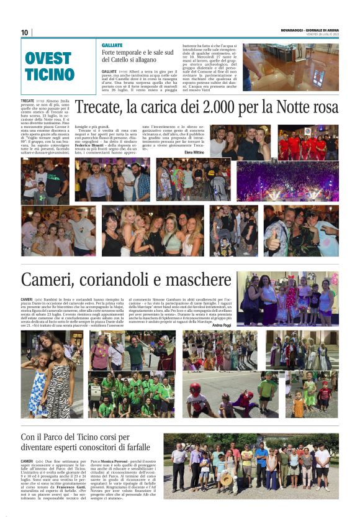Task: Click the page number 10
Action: [25, 32]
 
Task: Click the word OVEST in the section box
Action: [48, 59]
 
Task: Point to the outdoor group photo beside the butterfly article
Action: [251, 466]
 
